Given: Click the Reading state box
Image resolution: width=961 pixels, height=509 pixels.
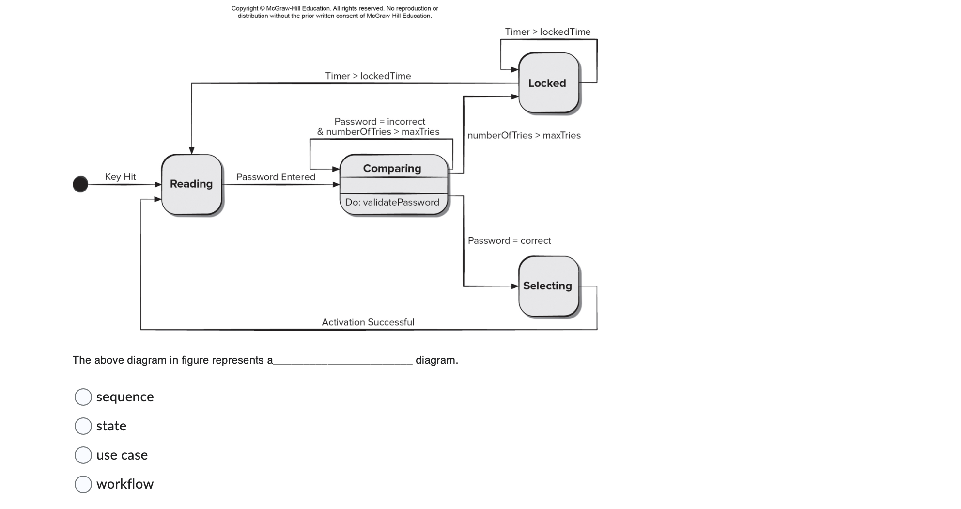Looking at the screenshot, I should (191, 184).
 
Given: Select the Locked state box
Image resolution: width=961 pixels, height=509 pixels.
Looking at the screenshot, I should (548, 83).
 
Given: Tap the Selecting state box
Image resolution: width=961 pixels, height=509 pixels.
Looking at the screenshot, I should (548, 286).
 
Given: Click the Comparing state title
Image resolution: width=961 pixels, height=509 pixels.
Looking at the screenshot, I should (392, 168).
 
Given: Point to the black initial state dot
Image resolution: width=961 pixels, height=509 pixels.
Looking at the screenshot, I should (80, 184).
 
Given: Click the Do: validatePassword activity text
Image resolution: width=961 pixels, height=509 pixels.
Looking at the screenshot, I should (392, 202).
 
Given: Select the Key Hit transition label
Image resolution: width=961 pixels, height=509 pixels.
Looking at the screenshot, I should (120, 176).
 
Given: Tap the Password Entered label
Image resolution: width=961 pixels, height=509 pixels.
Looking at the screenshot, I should (276, 177).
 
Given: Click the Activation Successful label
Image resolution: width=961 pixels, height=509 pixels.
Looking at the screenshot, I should (368, 322).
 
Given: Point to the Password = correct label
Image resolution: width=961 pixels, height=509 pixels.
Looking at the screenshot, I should (509, 240).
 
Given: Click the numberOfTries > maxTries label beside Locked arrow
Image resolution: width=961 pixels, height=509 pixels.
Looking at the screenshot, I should (524, 135).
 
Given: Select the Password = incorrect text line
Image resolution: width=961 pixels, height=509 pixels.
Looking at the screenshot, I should (379, 121).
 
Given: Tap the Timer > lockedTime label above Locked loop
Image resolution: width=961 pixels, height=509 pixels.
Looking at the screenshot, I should (547, 32).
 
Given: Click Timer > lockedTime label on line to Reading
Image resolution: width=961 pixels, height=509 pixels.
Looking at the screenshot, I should (368, 76).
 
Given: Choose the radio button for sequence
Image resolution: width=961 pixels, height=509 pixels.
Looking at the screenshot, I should (83, 397).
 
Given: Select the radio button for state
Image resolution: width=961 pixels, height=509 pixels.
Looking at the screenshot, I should (83, 426).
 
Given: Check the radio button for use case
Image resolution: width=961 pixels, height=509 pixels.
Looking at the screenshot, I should (83, 455).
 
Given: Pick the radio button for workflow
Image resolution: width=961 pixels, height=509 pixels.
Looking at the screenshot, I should (83, 484).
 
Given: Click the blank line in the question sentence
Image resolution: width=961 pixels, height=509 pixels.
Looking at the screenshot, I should (343, 361).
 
